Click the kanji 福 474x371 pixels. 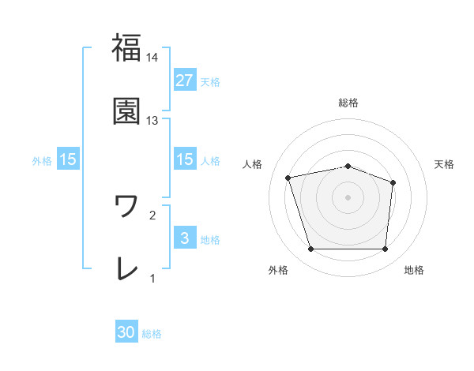click(x=126, y=48)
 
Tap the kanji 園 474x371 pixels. click(x=126, y=111)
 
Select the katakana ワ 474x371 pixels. click(x=126, y=206)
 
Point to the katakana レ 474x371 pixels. click(x=126, y=269)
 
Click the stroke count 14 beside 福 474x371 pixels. click(x=152, y=57)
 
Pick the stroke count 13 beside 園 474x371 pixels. click(x=152, y=120)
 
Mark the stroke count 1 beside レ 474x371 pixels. click(x=152, y=278)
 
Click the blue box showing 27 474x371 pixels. click(x=184, y=80)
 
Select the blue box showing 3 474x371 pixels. click(x=184, y=238)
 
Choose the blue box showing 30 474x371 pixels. click(x=126, y=332)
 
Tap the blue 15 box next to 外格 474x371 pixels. click(x=68, y=159)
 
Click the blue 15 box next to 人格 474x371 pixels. click(x=184, y=159)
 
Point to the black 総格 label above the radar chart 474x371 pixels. click(x=348, y=103)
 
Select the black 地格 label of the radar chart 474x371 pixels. click(x=414, y=270)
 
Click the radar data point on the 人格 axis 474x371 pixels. click(x=289, y=178)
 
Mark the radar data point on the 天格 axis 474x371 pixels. click(x=393, y=182)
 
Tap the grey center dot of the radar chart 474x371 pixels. click(x=348, y=197)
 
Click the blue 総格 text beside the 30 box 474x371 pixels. click(x=152, y=334)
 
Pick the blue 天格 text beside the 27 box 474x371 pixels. click(x=210, y=81)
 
